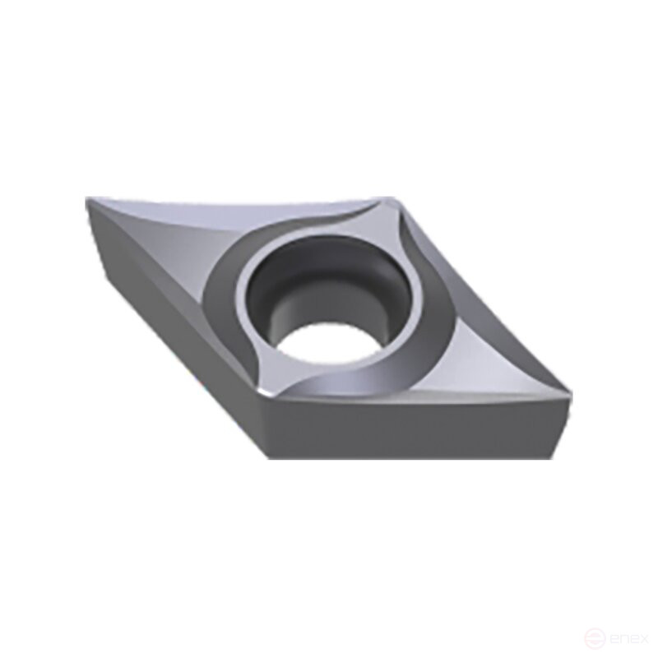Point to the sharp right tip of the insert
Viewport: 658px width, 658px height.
click(x=568, y=394)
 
